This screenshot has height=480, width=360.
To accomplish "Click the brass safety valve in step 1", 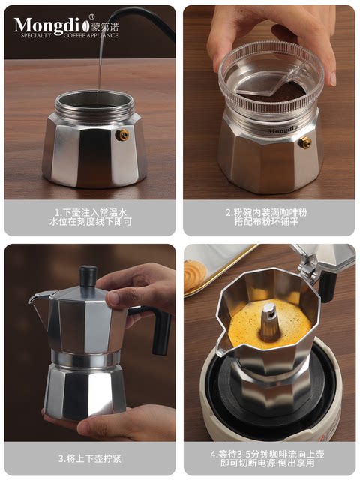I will (x=121, y=135).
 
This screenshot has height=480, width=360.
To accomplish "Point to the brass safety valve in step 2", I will (x=304, y=142).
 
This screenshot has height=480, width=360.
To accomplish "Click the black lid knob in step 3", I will (x=88, y=276).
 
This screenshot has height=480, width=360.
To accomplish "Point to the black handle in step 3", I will (x=160, y=331).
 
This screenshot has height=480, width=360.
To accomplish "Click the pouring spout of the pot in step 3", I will (x=37, y=301).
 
